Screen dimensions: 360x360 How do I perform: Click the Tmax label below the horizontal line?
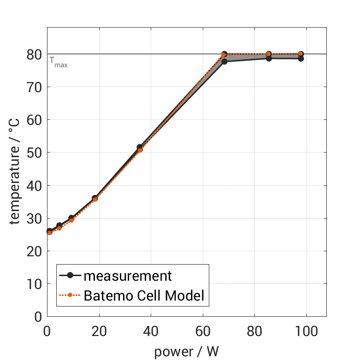click(x=59, y=63)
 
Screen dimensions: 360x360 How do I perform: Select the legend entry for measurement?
click(x=127, y=276)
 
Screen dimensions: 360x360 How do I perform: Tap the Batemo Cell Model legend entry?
click(x=144, y=295)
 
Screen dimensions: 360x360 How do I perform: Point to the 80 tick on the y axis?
click(x=35, y=54)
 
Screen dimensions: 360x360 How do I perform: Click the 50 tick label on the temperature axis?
click(x=35, y=153)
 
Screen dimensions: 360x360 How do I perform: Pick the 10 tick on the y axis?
click(x=35, y=284)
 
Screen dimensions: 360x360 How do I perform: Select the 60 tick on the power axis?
click(x=203, y=331)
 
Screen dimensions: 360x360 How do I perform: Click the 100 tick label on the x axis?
click(x=306, y=331)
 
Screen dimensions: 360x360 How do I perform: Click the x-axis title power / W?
click(x=186, y=351)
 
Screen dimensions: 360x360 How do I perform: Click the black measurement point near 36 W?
click(x=140, y=147)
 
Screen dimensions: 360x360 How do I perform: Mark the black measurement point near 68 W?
click(x=224, y=61)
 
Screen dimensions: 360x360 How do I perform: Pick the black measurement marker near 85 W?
click(x=269, y=58)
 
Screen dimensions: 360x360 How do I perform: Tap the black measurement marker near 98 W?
click(x=301, y=59)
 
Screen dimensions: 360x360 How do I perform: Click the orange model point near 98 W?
click(x=301, y=54)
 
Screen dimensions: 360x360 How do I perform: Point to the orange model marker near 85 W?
click(x=269, y=54)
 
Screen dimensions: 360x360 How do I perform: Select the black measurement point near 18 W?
click(x=94, y=198)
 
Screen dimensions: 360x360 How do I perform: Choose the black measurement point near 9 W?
click(x=71, y=218)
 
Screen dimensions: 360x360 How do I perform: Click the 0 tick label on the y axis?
click(x=38, y=317)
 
